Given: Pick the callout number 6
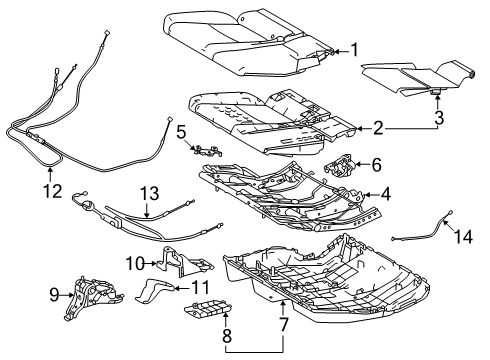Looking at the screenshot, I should pyautogui.click(x=376, y=164).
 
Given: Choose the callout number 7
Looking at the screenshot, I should pyautogui.click(x=285, y=326).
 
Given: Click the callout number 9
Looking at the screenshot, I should pyautogui.click(x=54, y=294).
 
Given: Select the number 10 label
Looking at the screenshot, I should pyautogui.click(x=136, y=263).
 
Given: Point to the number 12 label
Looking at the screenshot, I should pyautogui.click(x=52, y=190).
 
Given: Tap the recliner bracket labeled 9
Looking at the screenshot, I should pyautogui.click(x=89, y=296).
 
